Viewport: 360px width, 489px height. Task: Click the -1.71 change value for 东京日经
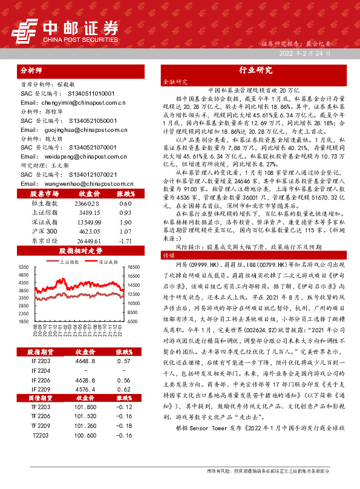pyautogui.click(x=125, y=241)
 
